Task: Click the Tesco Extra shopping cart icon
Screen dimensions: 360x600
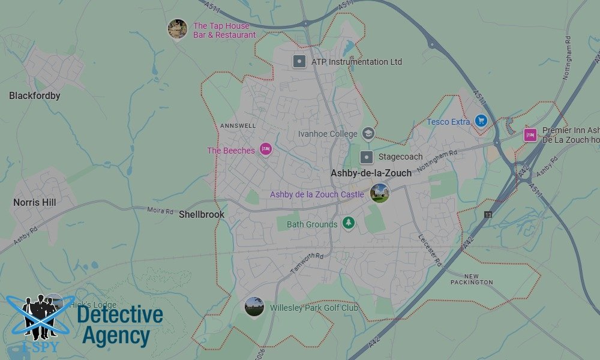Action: (x=480, y=121)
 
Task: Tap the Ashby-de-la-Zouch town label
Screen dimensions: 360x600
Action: (x=371, y=173)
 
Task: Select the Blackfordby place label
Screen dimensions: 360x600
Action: (x=35, y=95)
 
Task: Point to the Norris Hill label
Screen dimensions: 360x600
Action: (x=35, y=203)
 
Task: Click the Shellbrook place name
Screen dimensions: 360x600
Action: (x=202, y=214)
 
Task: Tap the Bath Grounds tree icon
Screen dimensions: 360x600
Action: (x=348, y=224)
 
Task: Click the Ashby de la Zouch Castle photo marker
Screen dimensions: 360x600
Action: (x=379, y=193)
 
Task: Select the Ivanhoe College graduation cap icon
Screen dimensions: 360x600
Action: (x=368, y=134)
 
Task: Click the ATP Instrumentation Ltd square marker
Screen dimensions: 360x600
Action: (x=299, y=61)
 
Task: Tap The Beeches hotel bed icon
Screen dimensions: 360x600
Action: (x=266, y=149)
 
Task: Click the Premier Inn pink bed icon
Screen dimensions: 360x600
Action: (x=530, y=135)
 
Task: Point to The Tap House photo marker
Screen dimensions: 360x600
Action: (x=178, y=29)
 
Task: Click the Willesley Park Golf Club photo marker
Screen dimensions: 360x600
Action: (x=254, y=306)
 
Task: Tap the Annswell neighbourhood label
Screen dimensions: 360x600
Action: (x=238, y=126)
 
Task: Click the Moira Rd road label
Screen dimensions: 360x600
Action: (x=160, y=211)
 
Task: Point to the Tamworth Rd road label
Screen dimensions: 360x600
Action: (x=308, y=263)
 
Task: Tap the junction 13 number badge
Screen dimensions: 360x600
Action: (x=488, y=215)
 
